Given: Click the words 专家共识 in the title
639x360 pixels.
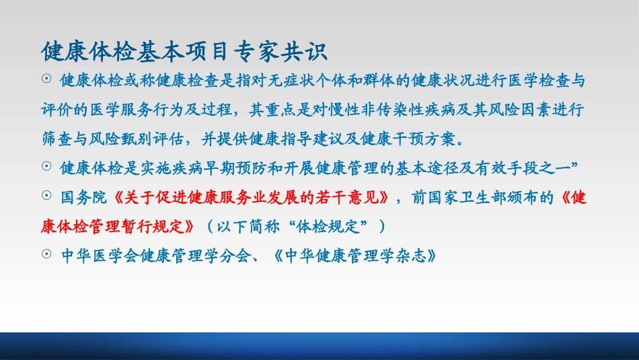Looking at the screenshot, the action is pos(280,52).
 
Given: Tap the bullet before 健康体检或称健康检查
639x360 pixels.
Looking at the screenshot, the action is pos(46,78).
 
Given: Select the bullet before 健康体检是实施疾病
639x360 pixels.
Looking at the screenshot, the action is pos(46,166).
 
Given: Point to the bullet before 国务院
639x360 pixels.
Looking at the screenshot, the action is pos(46,195).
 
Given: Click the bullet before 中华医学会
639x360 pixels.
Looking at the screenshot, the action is pos(46,254).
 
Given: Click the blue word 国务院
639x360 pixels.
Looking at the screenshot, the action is pos(83,198).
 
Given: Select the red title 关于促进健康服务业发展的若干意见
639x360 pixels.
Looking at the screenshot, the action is pos(251,198).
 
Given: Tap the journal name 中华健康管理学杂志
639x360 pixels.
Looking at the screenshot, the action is pos(355,256).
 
